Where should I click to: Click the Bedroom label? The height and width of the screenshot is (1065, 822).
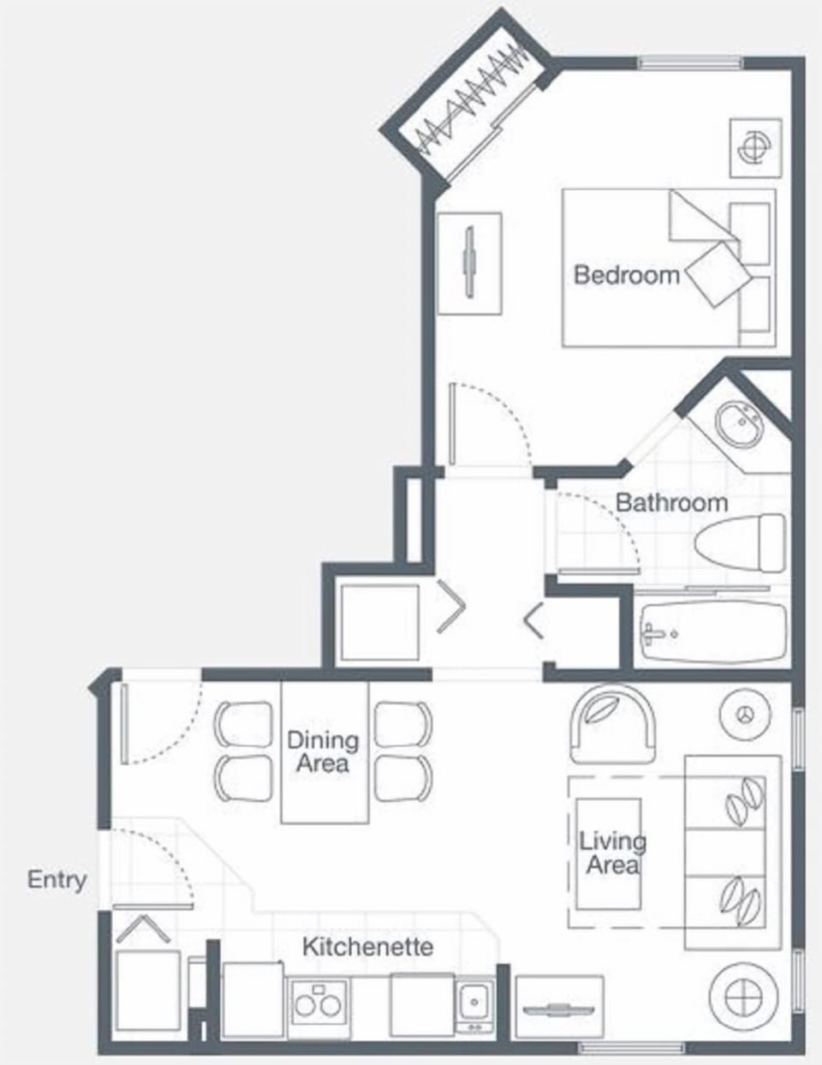(626, 275)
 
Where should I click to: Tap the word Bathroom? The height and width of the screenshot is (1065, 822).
(671, 502)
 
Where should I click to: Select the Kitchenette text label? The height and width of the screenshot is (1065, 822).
(367, 947)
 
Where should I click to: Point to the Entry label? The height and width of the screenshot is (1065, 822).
(57, 880)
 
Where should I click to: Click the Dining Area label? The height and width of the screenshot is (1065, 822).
(323, 751)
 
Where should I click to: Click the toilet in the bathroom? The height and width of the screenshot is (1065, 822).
(742, 543)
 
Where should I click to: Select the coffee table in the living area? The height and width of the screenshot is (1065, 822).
(608, 853)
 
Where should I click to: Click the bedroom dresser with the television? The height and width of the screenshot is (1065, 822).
(468, 263)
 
